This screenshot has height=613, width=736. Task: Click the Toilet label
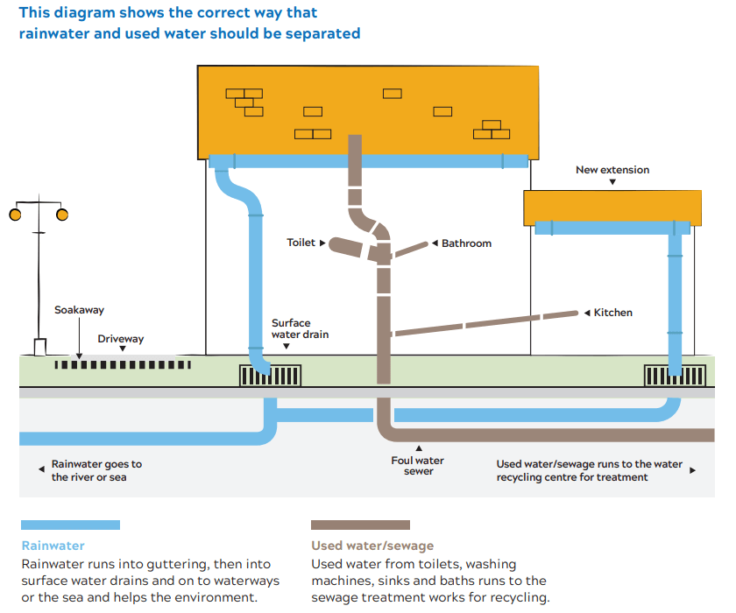[301, 243]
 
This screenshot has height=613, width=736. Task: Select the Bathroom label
[466, 243]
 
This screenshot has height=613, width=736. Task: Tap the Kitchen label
[612, 313]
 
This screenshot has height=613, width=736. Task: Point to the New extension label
[612, 170]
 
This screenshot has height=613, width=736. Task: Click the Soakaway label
[79, 310]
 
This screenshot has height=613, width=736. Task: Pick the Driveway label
[121, 338]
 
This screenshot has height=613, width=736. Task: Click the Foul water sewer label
[418, 466]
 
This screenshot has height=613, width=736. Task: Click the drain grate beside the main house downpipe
[270, 376]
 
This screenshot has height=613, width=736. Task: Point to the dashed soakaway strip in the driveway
[120, 364]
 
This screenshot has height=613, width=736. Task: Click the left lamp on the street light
[14, 215]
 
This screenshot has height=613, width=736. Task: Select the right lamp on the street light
[62, 215]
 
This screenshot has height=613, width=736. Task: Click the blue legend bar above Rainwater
[70, 525]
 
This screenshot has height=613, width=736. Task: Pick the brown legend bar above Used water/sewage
[360, 525]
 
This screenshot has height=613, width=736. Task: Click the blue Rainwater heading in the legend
[53, 546]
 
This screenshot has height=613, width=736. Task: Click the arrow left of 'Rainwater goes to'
[40, 469]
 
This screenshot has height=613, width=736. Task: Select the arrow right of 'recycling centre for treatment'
[693, 470]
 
